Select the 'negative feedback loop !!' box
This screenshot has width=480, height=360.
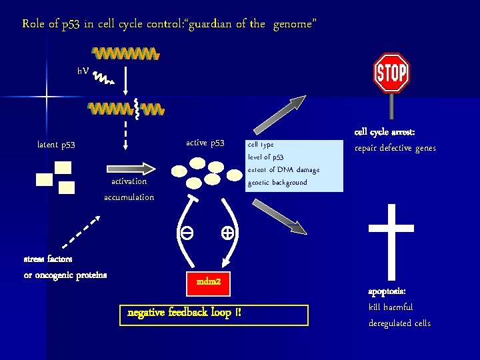pos(214,313)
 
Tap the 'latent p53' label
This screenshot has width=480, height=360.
pos(56,145)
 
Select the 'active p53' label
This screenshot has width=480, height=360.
pos(205,143)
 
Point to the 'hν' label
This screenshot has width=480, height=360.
pos(83,70)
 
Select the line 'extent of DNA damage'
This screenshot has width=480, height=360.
pos(283,170)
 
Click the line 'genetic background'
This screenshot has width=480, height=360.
pos(277,183)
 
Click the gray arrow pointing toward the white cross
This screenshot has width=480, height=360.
pos(280,217)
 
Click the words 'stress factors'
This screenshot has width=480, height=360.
pos(49,259)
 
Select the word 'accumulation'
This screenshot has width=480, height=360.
pos(129,197)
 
